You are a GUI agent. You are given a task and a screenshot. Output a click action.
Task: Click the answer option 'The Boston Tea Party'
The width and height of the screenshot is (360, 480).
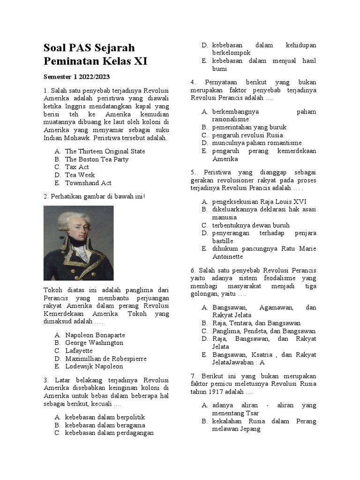click(x=97, y=159)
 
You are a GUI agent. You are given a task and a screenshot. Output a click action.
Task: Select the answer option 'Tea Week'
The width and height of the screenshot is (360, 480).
click(x=80, y=175)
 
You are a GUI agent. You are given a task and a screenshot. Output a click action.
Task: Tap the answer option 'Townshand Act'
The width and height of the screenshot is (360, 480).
click(x=88, y=183)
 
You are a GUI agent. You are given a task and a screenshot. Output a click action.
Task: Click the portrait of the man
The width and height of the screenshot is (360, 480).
click(x=79, y=243)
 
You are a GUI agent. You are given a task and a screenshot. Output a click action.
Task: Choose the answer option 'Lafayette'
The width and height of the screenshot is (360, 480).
click(x=79, y=351)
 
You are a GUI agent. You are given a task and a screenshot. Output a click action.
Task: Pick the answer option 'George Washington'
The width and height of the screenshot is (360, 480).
click(x=94, y=343)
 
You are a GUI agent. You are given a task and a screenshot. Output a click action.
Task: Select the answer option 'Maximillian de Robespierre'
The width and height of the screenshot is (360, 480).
click(x=105, y=359)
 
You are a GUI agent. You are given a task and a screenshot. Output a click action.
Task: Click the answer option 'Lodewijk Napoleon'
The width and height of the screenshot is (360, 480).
click(x=94, y=367)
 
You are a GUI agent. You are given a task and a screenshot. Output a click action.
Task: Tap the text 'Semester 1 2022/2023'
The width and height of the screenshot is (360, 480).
click(x=77, y=76)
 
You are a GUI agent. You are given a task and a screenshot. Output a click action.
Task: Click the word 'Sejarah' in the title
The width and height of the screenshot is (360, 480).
click(x=115, y=48)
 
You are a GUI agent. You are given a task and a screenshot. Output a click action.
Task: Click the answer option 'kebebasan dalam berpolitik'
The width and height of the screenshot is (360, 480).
click(x=105, y=417)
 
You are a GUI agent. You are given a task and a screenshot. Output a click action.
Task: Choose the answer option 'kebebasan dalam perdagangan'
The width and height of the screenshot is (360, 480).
click(x=109, y=433)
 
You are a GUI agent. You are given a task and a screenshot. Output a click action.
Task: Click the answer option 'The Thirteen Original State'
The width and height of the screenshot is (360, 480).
click(x=105, y=151)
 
